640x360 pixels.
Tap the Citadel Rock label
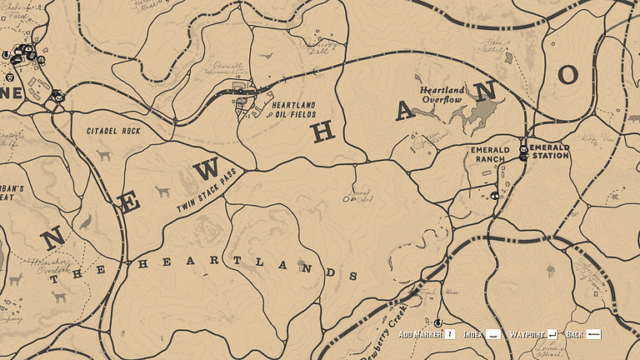point(113,132)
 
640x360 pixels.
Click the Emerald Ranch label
point(489,154)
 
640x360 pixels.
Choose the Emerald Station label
point(549,151)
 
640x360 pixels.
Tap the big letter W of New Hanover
point(206,169)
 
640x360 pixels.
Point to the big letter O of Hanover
point(568,76)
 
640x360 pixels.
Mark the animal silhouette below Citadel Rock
point(103,155)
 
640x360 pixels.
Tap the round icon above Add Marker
point(437,322)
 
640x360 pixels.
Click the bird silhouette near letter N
point(84,222)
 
